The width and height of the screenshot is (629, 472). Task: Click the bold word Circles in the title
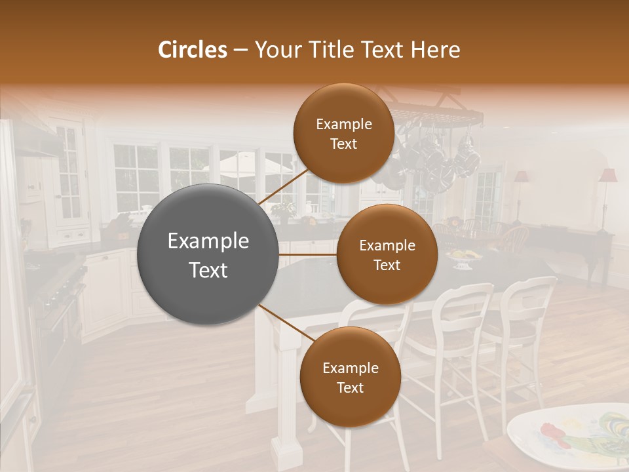pos(192,50)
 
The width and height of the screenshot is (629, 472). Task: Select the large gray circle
pos(208,254)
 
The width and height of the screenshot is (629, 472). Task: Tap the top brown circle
pos(343,134)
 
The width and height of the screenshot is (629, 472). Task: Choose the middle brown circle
pos(387,254)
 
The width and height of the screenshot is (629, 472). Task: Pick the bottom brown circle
pos(350,378)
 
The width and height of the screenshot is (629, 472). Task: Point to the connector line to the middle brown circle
pos(308,254)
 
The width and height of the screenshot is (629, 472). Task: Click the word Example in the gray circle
pos(208,241)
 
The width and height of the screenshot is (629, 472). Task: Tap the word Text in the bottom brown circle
pos(350,387)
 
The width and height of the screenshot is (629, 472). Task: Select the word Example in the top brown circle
pos(343,124)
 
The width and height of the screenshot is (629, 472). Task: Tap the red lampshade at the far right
pos(608,176)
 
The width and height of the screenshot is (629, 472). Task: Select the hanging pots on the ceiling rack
pos(432,157)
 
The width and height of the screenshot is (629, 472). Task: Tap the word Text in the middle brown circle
pos(387,265)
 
